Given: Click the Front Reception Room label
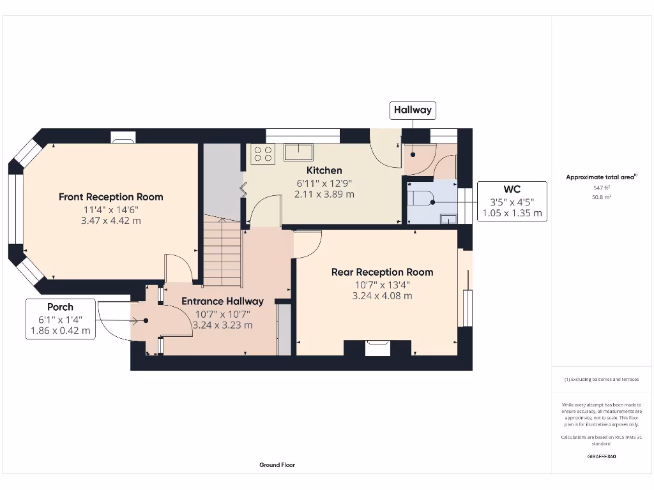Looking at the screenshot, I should tap(111, 197).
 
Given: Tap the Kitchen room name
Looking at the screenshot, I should tap(324, 170).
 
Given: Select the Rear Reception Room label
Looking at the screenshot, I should tap(382, 272).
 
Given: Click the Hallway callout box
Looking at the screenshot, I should tap(413, 110).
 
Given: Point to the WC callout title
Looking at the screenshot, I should tap(512, 189).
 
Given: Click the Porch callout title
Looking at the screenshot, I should tap(60, 307).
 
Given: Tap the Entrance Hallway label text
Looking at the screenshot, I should tap(222, 301).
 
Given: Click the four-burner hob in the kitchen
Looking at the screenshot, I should tap(262, 154).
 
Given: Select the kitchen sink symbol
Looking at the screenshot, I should tap(298, 152).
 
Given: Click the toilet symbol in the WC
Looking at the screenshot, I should tap(422, 198).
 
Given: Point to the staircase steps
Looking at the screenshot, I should tap(222, 252).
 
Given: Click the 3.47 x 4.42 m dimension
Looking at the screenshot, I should tap(111, 221).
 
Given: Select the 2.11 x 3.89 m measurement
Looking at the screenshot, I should tap(324, 194).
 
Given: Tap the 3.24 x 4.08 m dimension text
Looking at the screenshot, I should tap(382, 295).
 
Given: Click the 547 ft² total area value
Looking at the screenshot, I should tap(601, 188).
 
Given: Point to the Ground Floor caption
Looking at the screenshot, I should tap(277, 465).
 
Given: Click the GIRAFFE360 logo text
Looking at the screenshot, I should tap(601, 457).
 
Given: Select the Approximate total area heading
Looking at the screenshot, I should tap(601, 177).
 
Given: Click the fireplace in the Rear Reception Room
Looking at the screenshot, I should tap(377, 348).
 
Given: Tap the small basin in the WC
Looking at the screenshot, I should tap(449, 219).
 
